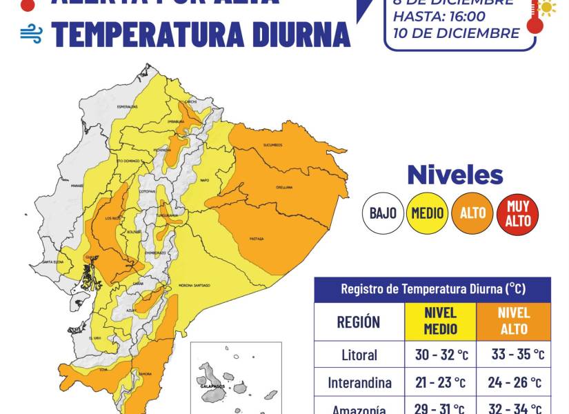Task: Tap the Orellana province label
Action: [284, 187]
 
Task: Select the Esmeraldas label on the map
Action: [128, 107]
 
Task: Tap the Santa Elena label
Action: [53, 262]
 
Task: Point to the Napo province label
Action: [204, 180]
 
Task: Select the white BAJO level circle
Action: [382, 213]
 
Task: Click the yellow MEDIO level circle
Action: [428, 213]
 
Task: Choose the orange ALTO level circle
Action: [472, 213]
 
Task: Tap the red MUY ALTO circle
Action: [518, 213]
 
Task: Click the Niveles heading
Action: [455, 175]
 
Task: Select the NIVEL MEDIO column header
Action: [440, 321]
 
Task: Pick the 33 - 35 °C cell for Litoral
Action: [517, 355]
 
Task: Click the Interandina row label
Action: [359, 382]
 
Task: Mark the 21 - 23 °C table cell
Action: [440, 382]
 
